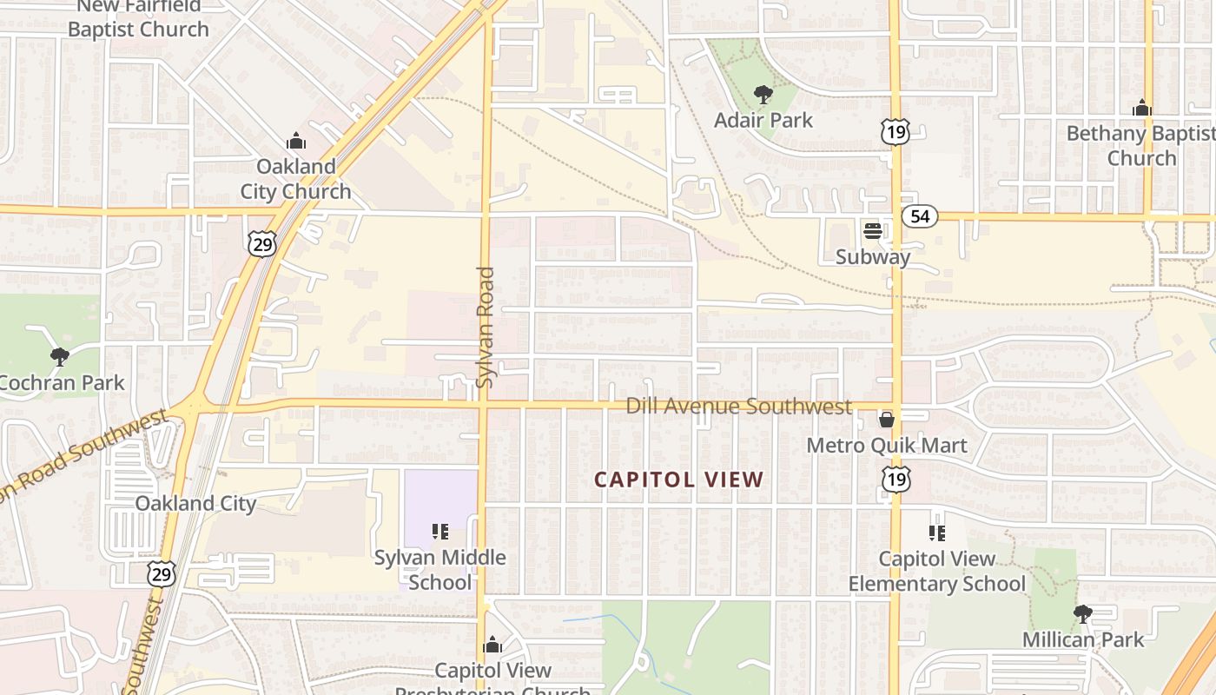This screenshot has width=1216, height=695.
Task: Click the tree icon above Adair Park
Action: click(x=763, y=94)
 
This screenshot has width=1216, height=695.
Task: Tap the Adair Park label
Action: click(x=763, y=120)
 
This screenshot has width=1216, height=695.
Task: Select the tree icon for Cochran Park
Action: click(x=59, y=356)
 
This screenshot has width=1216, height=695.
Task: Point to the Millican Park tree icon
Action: click(x=1082, y=614)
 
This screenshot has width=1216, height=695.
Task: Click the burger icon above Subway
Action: click(x=873, y=231)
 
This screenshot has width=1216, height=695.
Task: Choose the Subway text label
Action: click(x=873, y=257)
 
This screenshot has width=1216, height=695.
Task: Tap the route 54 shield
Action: click(x=919, y=216)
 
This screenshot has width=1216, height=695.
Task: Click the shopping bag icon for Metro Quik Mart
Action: click(x=887, y=420)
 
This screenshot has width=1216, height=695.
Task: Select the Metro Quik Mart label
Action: click(x=887, y=446)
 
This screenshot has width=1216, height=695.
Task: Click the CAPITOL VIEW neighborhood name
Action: click(x=679, y=480)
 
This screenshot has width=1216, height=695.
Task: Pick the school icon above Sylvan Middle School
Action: click(x=440, y=531)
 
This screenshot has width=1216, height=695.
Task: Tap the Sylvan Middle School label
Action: click(x=440, y=569)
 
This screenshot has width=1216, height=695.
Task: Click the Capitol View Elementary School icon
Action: click(x=936, y=533)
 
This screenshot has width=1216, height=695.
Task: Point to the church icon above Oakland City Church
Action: click(x=296, y=140)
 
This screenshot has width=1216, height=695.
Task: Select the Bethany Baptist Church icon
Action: click(x=1142, y=108)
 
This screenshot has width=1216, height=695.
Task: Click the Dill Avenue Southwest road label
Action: click(x=738, y=407)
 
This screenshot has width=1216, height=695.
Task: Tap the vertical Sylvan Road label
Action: click(x=486, y=327)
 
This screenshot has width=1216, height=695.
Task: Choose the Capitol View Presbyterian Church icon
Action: click(x=492, y=645)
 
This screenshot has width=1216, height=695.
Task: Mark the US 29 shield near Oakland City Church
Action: click(x=261, y=244)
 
